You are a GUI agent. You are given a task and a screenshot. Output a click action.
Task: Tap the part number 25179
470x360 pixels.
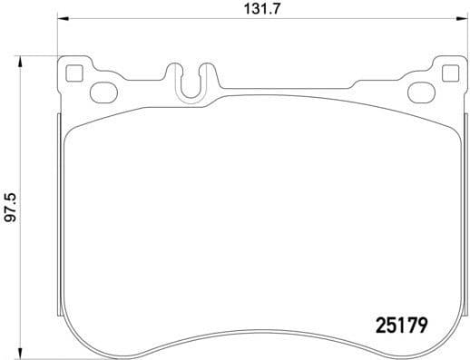pyautogui.click(x=401, y=322)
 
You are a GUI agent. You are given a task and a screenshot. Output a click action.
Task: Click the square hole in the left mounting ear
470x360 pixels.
pyautogui.click(x=75, y=72)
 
